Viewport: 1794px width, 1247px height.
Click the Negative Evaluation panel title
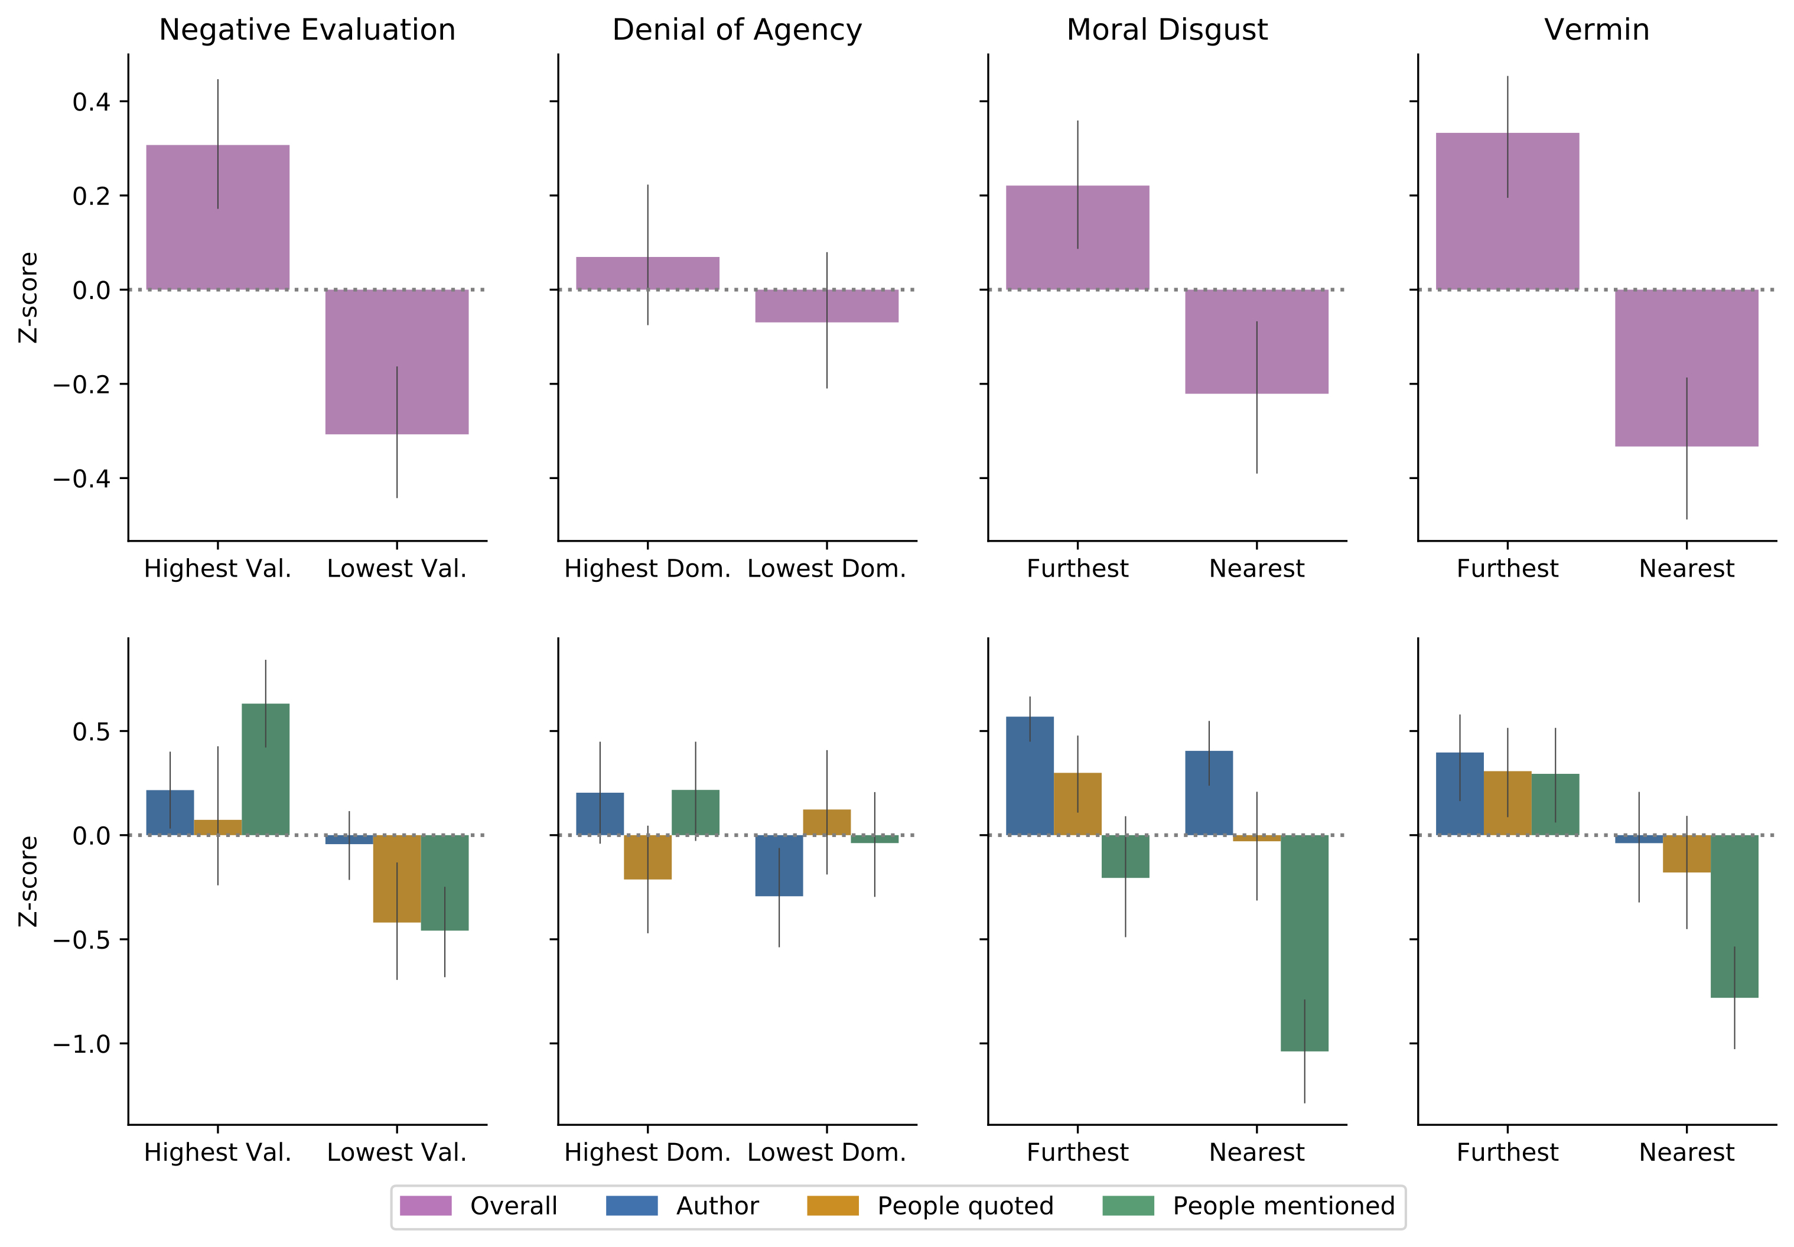[x=307, y=30]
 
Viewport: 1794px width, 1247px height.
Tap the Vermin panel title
[x=1596, y=30]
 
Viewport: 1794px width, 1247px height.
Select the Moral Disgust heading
[x=1167, y=30]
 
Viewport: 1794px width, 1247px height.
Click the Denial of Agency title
[x=737, y=30]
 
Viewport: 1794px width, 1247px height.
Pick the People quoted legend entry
[x=930, y=1206]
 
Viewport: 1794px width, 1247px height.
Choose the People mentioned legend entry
[x=1248, y=1206]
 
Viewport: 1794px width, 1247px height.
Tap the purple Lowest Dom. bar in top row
[x=826, y=305]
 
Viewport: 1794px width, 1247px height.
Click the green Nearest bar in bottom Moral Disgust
[x=1304, y=942]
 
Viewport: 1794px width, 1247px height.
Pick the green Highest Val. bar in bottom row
[x=266, y=769]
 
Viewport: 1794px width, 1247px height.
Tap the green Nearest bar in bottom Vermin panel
[x=1734, y=916]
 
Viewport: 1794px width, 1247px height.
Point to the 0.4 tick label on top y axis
[x=92, y=102]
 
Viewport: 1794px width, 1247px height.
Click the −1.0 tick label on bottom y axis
[x=82, y=1044]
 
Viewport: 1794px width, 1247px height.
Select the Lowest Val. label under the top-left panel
[x=396, y=569]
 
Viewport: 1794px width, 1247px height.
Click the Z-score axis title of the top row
[x=28, y=297]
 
